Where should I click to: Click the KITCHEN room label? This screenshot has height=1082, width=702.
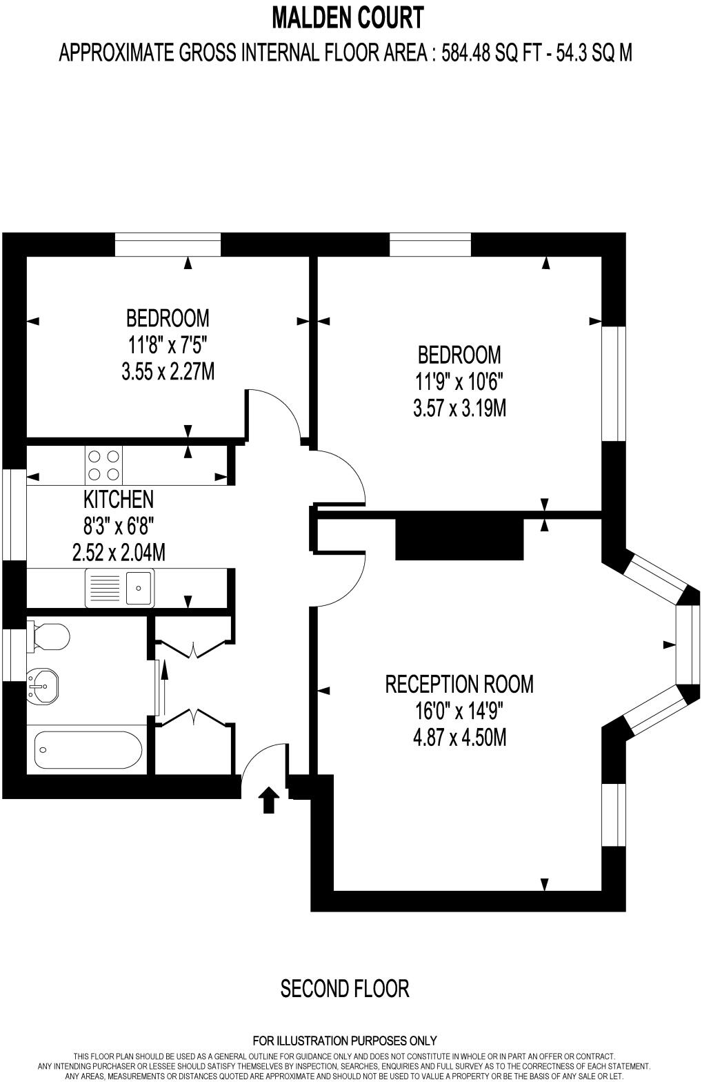[x=119, y=498]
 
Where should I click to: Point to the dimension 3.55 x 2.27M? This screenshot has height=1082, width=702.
[x=168, y=372]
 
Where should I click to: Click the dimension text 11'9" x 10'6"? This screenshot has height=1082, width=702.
[x=459, y=382]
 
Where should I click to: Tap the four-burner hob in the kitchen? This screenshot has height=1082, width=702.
[x=103, y=464]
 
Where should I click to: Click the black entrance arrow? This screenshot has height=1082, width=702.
[x=268, y=801]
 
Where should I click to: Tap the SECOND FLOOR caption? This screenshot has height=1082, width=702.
[x=345, y=988]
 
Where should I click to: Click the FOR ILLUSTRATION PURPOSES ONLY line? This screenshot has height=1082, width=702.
[x=345, y=1041]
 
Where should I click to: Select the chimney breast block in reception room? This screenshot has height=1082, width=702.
[x=459, y=536]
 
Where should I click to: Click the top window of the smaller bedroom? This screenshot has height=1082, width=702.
[x=168, y=244]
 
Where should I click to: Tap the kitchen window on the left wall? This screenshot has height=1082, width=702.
[x=14, y=515]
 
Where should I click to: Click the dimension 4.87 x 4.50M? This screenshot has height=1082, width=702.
[x=459, y=738]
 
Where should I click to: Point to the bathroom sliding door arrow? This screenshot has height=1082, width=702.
[x=163, y=679]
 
